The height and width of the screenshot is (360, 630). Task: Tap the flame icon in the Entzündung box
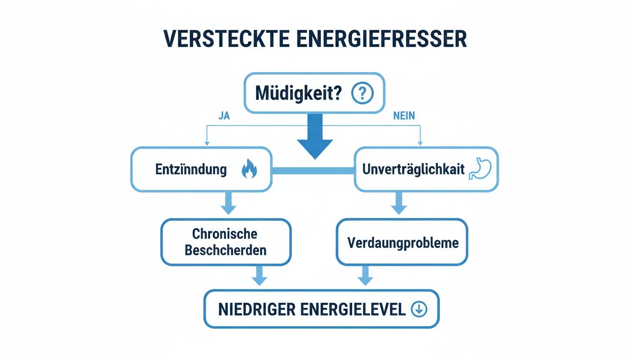pyautogui.click(x=249, y=170)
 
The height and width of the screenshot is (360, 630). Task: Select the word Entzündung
pyautogui.click(x=191, y=170)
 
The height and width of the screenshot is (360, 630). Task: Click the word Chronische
pyautogui.click(x=225, y=234)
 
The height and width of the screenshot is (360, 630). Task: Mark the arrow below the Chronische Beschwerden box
pyautogui.click(x=259, y=277)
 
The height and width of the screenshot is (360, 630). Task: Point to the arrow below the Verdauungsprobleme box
pyautogui.click(x=365, y=277)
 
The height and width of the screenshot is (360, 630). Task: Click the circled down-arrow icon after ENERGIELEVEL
pyautogui.click(x=419, y=309)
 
